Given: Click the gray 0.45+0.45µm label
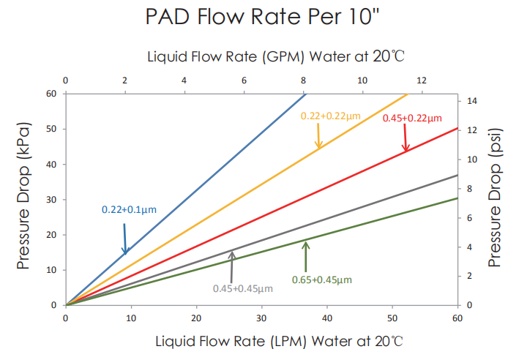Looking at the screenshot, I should (242, 288).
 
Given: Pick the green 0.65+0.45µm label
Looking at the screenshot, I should (321, 279).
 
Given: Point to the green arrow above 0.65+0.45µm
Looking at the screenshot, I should (306, 255).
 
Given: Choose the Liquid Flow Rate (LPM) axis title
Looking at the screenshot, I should (278, 341).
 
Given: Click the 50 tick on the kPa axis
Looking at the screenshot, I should (52, 129).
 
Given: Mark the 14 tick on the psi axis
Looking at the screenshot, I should (472, 101).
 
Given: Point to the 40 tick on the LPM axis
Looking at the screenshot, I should (326, 318).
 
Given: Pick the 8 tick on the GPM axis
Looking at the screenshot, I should (303, 80).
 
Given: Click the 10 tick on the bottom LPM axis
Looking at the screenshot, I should (131, 318).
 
